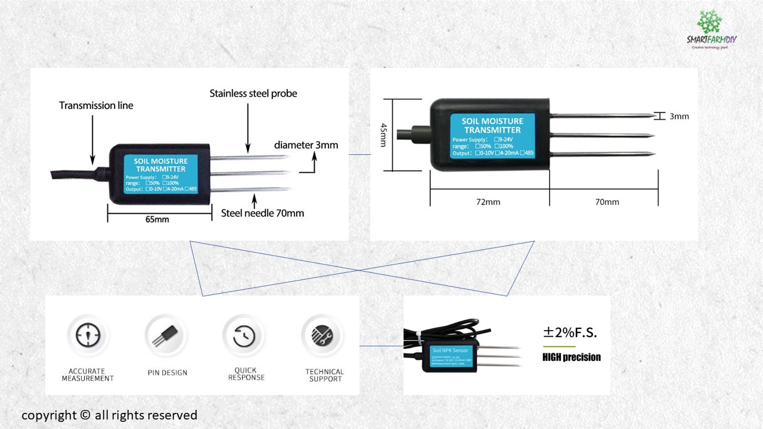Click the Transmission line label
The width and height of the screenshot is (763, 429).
point(96,105)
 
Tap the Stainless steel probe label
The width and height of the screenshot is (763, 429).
point(253,94)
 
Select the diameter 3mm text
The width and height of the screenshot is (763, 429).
point(306,145)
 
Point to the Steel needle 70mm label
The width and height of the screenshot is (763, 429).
point(262,213)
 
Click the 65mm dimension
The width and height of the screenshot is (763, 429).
point(157,219)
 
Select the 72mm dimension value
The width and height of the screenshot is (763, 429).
point(489,202)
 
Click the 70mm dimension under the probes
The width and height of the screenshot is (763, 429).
point(607,202)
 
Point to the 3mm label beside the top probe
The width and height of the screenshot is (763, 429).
point(679,116)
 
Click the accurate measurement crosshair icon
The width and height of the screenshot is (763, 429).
point(88,335)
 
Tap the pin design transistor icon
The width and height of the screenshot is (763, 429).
point(167,336)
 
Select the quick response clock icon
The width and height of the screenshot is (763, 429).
point(244,336)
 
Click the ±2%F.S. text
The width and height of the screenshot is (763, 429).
point(569,333)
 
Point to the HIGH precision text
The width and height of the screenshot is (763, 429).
point(571,357)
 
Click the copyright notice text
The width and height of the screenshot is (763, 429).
point(109,415)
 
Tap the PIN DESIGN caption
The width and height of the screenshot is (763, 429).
point(168,373)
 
